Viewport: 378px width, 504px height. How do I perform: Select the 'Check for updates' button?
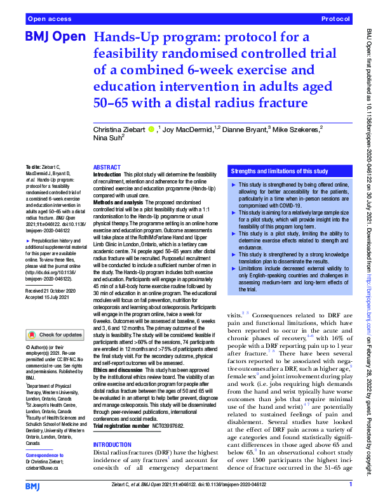55,335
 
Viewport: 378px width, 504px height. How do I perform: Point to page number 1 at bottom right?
350,485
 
